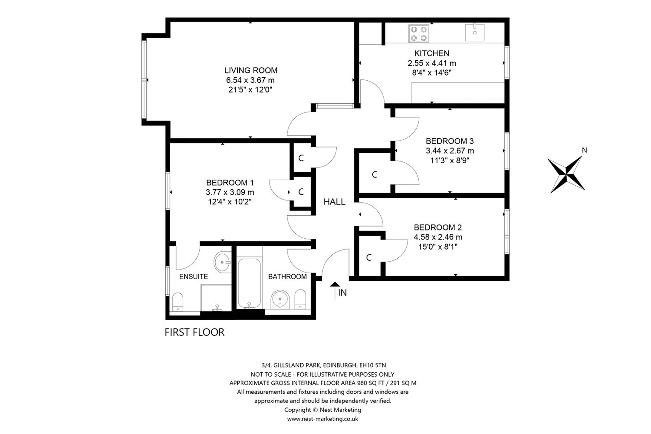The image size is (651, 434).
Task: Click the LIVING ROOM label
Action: pyautogui.click(x=251, y=70)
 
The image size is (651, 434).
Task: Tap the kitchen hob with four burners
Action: pyautogui.click(x=419, y=34)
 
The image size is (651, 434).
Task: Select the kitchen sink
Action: pyautogui.click(x=475, y=32)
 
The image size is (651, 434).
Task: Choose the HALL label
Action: pyautogui.click(x=334, y=202)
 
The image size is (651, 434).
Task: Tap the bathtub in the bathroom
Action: pyautogui.click(x=250, y=283)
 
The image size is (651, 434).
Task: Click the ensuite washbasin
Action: pyautogui.click(x=222, y=262)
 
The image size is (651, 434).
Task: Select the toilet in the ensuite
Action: pyautogui.click(x=178, y=302)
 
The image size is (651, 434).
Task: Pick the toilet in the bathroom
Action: pyautogui.click(x=300, y=299)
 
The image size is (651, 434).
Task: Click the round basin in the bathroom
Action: pyautogui.click(x=280, y=299)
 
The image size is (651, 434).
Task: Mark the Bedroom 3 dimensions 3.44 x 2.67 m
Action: pyautogui.click(x=450, y=151)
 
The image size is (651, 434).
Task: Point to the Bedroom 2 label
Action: pyautogui.click(x=438, y=227)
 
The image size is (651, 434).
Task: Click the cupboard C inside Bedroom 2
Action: pyautogui.click(x=369, y=258)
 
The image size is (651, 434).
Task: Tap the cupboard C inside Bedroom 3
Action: pyautogui.click(x=374, y=175)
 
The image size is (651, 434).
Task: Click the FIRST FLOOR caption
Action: pyautogui.click(x=195, y=332)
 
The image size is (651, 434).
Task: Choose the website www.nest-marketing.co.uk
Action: pyautogui.click(x=322, y=419)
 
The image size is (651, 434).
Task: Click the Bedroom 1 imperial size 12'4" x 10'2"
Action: pyautogui.click(x=230, y=202)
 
